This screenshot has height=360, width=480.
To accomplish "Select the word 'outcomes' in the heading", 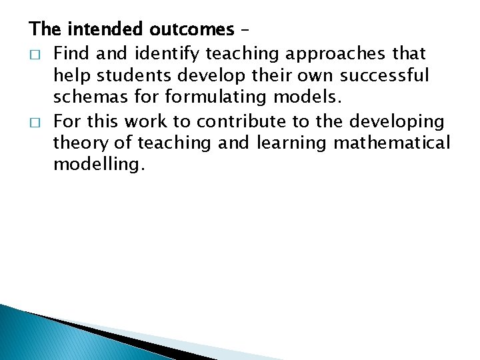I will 191,29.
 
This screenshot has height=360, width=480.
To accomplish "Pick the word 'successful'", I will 388,75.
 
